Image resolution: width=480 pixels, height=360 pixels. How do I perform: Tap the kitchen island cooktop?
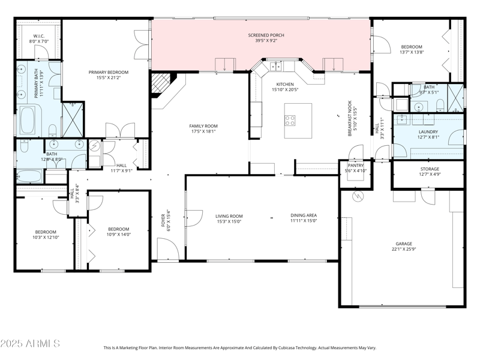click(x=290, y=119)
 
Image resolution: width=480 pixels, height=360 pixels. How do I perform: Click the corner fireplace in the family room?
click(x=160, y=85)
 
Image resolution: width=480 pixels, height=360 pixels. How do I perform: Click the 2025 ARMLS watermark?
click(x=30, y=344)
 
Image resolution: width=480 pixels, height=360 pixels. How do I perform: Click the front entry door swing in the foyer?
click(x=167, y=248)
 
